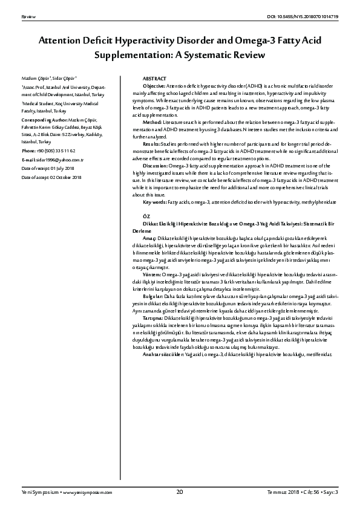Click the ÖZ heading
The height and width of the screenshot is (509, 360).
coord(146,216)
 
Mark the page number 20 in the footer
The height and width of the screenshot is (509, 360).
coord(180,493)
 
